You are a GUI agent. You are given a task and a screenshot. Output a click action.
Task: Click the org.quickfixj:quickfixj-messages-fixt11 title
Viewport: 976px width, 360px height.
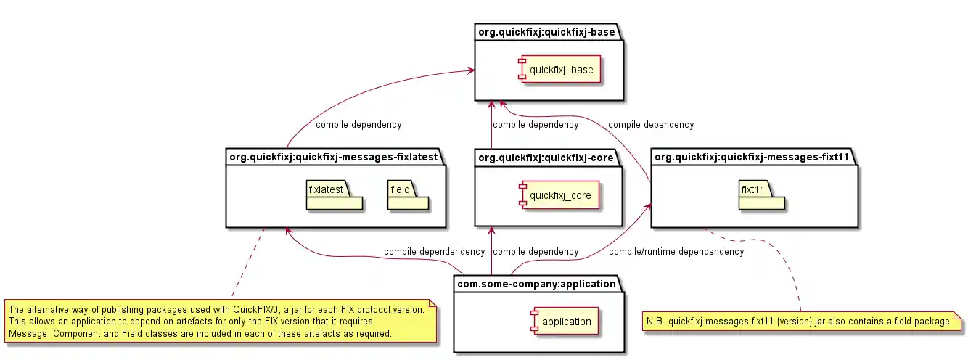(x=751, y=157)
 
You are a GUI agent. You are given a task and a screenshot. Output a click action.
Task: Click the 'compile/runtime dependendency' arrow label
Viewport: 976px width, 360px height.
(x=676, y=252)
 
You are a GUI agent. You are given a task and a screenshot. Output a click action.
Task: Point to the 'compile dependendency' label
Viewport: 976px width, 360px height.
(x=434, y=252)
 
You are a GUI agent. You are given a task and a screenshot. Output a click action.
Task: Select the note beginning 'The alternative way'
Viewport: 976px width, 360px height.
(x=221, y=322)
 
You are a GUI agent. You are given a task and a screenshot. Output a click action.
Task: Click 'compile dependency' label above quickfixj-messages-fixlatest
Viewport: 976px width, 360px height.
(x=358, y=125)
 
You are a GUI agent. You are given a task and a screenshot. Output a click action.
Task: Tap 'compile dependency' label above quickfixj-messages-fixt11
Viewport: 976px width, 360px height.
(x=651, y=125)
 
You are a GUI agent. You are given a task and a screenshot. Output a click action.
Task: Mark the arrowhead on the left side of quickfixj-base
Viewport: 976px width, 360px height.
(x=472, y=70)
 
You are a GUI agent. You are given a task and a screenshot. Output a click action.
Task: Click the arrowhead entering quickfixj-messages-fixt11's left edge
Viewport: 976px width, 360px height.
(x=647, y=206)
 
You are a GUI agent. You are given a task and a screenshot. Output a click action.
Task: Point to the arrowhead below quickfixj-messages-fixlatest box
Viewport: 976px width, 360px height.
(x=288, y=231)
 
